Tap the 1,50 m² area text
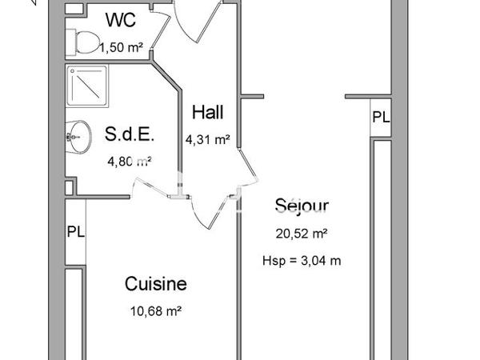point(121,48)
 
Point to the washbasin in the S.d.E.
point(78,136)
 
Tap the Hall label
point(207,111)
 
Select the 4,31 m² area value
point(207,138)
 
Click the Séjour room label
point(302,205)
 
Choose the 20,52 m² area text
point(302,234)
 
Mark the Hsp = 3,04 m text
point(302,261)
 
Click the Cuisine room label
point(155,284)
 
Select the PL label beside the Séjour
point(380,117)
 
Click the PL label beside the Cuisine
point(75,234)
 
